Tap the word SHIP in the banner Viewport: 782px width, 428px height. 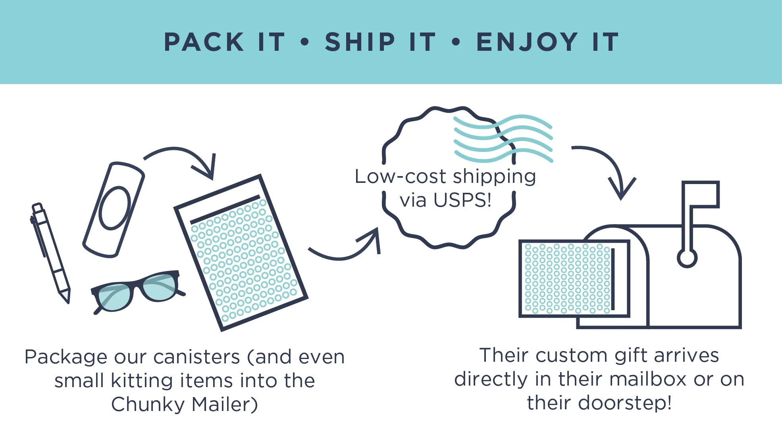pos(360,42)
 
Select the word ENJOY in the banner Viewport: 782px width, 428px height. pos(527,42)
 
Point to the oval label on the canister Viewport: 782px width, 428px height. pos(115,208)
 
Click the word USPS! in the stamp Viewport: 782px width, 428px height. pos(462,200)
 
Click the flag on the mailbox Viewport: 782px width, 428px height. pos(701,194)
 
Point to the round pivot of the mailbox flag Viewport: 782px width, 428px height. pos(687,258)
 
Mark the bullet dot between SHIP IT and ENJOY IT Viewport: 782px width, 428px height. pos(456,42)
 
